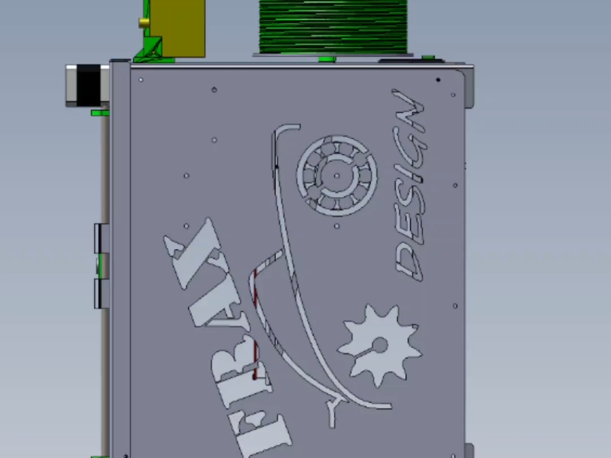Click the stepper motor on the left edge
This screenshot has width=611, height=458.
coord(87,85)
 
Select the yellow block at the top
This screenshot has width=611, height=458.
coord(177,27)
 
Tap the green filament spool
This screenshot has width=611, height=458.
coord(333,26)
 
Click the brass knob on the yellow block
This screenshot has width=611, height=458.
coord(144,22)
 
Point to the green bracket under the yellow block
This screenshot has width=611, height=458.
coord(152,51)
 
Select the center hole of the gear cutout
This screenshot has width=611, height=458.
coord(380,345)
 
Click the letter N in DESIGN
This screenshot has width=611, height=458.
coord(408,110)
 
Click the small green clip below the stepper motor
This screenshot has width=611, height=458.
coord(100,113)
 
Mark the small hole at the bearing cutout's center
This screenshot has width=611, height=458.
coord(337,175)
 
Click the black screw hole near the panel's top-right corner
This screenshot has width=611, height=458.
coord(437,80)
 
